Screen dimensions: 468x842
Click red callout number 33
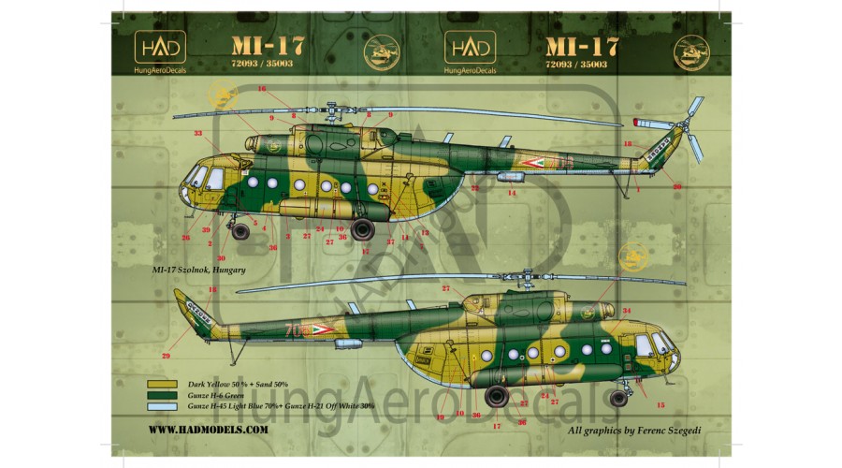point(197,134)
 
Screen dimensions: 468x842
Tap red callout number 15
point(661,405)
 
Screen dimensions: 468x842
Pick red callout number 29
point(166,356)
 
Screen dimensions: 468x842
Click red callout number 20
point(676,187)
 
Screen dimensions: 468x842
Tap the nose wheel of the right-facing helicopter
point(618,397)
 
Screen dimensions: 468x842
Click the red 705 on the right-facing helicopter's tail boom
point(298,330)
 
